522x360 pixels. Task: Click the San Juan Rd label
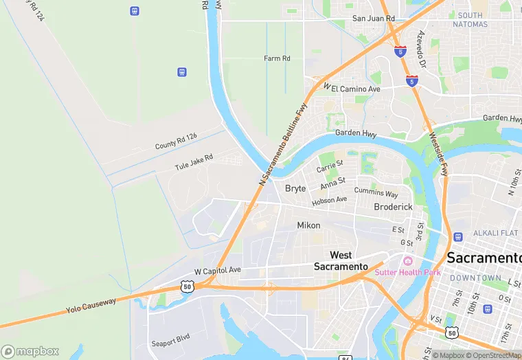tap(373, 19)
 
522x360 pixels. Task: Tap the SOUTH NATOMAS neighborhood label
tap(470, 20)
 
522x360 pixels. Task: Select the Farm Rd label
tap(277, 58)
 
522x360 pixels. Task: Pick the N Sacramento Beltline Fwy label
tap(282, 145)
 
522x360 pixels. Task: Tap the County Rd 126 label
tap(176, 142)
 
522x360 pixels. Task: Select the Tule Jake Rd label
tap(194, 162)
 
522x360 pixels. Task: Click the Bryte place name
tap(295, 188)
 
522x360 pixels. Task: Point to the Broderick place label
tap(393, 207)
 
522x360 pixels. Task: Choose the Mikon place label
tap(308, 225)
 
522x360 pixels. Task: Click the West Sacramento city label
tap(341, 260)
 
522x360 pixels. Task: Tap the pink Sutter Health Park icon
tap(408, 260)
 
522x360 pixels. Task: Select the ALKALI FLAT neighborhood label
tap(490, 233)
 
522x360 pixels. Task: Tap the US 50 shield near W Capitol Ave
tap(186, 286)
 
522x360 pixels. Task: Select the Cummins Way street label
tap(376, 193)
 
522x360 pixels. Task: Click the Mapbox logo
tap(30, 351)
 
